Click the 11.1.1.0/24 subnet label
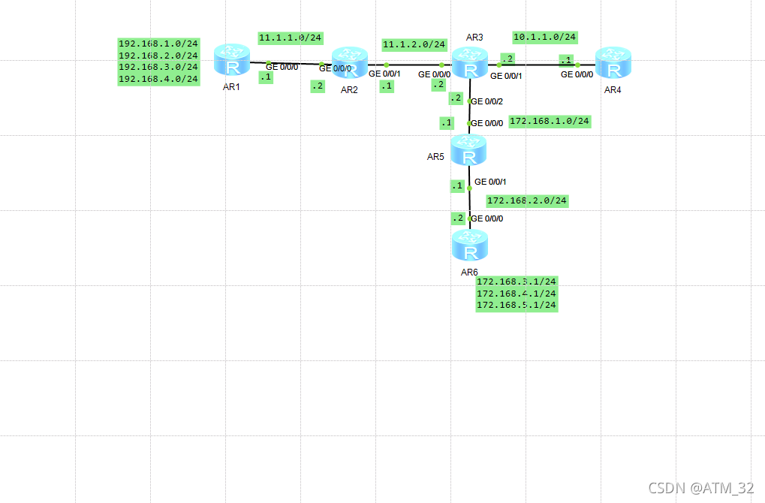point(291,38)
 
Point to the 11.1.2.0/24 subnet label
point(414,45)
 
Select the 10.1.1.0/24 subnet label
point(545,37)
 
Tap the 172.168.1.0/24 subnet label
point(550,121)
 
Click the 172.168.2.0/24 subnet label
point(527,201)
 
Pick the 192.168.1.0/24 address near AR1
point(158,44)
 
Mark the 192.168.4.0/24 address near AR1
point(158,79)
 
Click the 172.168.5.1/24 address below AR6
point(517,306)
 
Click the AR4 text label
point(613,89)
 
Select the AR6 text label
point(469,272)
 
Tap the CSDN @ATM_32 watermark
point(701,488)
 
